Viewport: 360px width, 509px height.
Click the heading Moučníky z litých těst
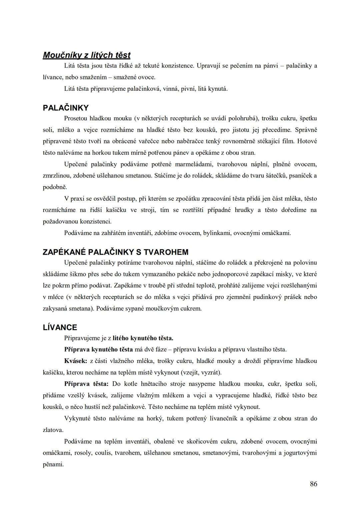tap(87, 55)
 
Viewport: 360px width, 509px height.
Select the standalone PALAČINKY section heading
tap(66, 108)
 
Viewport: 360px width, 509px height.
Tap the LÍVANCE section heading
tap(60, 327)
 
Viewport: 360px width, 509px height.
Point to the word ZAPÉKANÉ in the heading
tap(64, 252)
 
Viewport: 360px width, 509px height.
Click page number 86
tap(313, 484)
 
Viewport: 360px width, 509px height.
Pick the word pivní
tap(188, 89)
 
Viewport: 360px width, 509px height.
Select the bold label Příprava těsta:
tap(86, 384)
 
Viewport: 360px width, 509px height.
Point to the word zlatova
tap(53, 430)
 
